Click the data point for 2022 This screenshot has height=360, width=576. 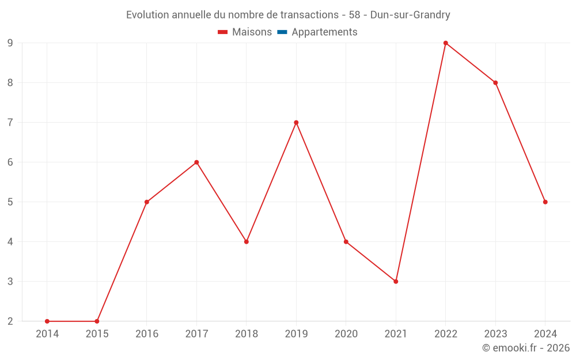point(445,43)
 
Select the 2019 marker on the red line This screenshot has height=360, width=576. point(296,123)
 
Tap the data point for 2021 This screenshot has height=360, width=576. point(396,282)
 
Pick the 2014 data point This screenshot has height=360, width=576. point(47,321)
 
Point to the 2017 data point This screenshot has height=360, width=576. point(196,162)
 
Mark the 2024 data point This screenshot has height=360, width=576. point(545,202)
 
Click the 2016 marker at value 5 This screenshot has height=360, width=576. point(147,202)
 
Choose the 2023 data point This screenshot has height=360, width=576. point(495,83)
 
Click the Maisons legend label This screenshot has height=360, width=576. point(252,32)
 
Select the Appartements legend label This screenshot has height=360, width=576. point(324,32)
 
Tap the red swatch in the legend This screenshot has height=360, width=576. point(223,32)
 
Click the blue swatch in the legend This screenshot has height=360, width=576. point(282,32)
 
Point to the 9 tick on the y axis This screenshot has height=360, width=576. point(10,43)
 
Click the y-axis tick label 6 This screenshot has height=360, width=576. point(10,162)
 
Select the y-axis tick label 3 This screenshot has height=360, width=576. point(10,282)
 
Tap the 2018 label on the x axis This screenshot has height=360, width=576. point(247,334)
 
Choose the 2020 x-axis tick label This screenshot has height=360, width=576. point(346,334)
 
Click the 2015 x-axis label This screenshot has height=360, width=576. point(97,334)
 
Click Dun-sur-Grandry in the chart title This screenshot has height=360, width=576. point(410,15)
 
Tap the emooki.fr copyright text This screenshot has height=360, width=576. point(526,348)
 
